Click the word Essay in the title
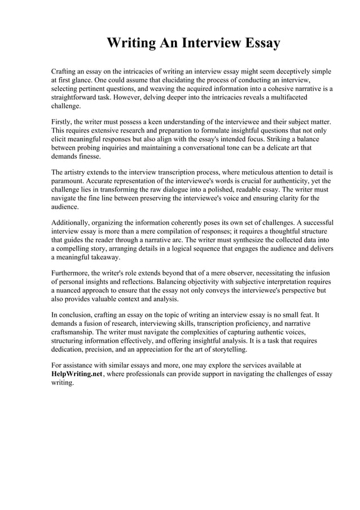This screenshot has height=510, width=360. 258,43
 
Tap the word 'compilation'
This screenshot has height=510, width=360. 190,232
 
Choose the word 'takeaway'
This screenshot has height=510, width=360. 103,257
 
